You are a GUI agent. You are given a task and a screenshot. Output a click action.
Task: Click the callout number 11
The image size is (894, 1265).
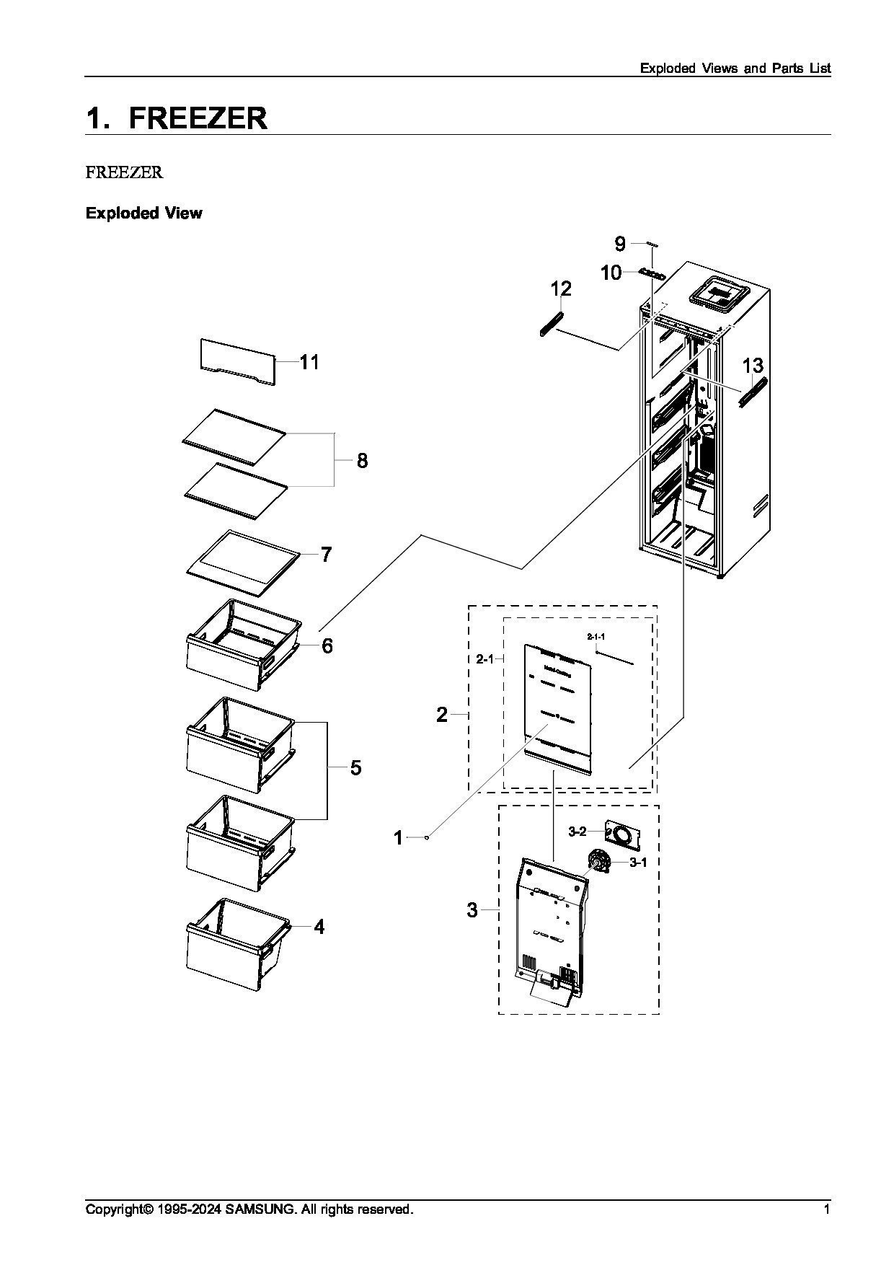point(309,361)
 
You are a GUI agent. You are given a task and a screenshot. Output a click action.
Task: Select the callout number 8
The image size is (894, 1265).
point(362,460)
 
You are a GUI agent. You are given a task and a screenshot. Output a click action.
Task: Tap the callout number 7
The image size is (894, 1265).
point(326,555)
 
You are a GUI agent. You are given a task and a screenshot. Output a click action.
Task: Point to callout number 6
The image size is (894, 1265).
point(327,645)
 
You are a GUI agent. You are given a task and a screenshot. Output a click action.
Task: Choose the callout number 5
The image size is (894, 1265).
point(355,767)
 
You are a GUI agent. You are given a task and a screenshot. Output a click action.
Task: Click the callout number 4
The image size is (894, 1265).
point(319,927)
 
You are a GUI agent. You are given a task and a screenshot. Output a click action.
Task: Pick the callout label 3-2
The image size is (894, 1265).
point(577,832)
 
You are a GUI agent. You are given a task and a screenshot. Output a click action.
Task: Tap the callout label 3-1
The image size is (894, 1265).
point(638,862)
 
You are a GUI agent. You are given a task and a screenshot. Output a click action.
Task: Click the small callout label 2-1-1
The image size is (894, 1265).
point(596,637)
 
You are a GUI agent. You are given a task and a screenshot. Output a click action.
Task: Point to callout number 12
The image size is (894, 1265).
point(561,288)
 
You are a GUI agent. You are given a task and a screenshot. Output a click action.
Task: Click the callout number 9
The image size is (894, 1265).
point(620,243)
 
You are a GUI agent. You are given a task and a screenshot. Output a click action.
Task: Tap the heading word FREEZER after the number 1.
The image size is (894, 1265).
point(198,118)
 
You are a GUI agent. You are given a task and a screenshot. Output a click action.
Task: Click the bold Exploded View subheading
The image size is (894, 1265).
point(144,213)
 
